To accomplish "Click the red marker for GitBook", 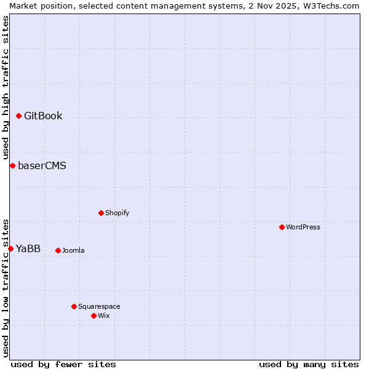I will coord(18,116).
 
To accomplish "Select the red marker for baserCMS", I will coord(12,165).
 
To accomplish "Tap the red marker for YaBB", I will coord(10,248).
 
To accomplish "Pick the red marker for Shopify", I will coord(101,213).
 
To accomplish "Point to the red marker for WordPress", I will coord(282,227).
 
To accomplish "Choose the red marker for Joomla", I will coord(58,250).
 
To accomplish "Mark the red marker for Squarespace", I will coord(74,306).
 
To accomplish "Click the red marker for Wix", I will coord(93,315).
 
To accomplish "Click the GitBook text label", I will coord(43,116).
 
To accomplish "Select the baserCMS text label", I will coord(42,166).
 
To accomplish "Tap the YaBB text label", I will coord(28,249).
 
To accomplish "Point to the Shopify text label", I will coord(117,213).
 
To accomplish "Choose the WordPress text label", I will coord(303,228).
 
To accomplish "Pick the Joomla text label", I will coord(73,251).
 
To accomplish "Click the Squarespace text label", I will coord(99,307).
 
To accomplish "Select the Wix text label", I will coord(103,316).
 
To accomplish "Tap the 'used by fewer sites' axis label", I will coord(63,364).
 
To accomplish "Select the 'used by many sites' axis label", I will coord(309,364).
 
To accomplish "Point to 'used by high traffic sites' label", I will coord(6,87).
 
